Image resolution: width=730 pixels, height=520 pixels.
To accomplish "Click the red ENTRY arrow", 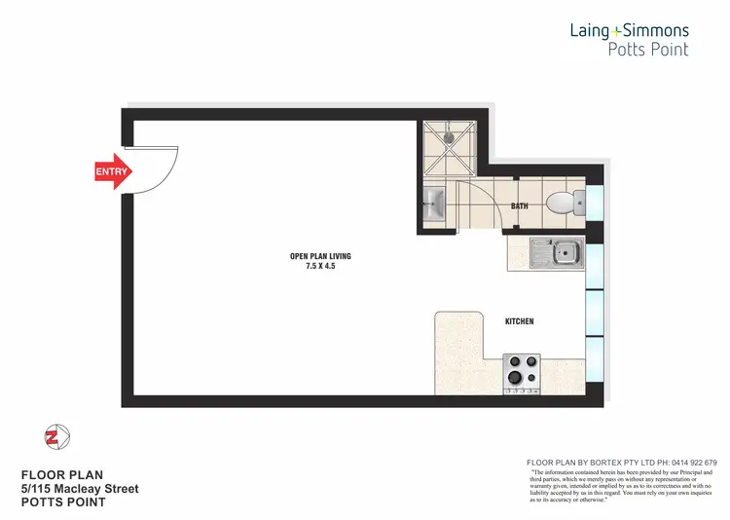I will [x=111, y=171].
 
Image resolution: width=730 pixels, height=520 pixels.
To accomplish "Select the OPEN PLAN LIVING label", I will [x=320, y=256].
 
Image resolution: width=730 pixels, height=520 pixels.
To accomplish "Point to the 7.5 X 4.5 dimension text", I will [x=320, y=266].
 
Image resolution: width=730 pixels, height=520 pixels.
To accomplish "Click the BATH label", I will [x=519, y=206].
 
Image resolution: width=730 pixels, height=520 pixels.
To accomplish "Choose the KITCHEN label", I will [x=519, y=321].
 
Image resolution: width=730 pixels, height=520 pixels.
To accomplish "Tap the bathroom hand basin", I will [x=433, y=205].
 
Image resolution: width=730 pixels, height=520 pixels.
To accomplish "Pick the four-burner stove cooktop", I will [x=521, y=373].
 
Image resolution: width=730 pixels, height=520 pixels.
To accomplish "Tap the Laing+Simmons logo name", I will [x=629, y=31].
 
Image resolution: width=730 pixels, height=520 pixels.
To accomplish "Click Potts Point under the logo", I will [x=647, y=50].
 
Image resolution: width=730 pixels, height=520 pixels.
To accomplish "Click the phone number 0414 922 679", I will [x=687, y=463].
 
